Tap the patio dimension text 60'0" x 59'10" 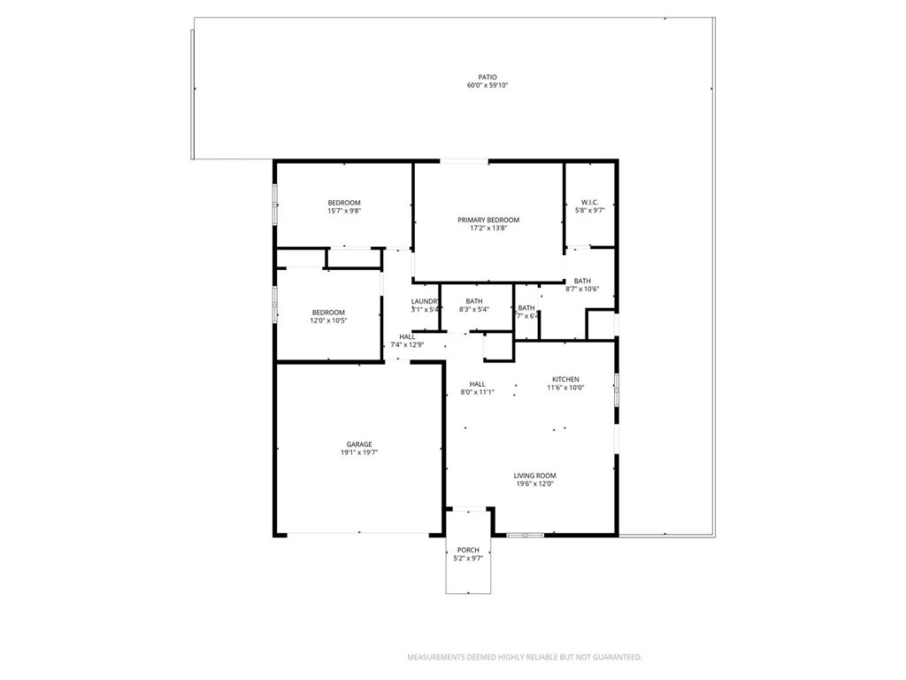pos(488,86)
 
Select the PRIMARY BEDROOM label pos(488,220)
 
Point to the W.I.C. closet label pos(590,202)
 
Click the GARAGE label pos(358,444)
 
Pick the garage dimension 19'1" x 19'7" pos(358,452)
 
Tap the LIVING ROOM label pos(534,475)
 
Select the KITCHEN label pos(565,379)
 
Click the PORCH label pos(468,550)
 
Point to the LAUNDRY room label pos(426,301)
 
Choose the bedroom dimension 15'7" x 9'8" pos(344,212)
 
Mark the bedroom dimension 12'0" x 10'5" pos(328,321)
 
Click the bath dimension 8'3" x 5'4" pos(474,310)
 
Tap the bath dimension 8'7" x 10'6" pos(582,289)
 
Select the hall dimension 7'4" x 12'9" pos(407,344)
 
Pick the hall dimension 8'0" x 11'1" pos(477,392)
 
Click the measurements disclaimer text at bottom pos(524,657)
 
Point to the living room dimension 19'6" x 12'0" pos(534,484)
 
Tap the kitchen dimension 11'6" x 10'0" pos(565,388)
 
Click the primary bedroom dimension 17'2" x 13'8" pos(488,228)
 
